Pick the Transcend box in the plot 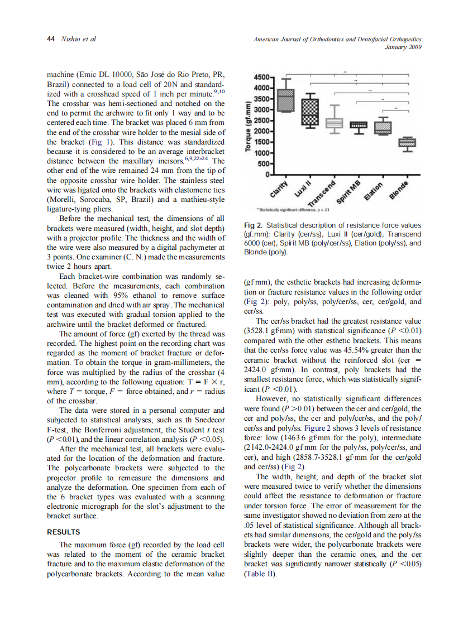tap(334, 123)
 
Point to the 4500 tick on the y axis tap(263, 76)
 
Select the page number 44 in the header tap(50, 39)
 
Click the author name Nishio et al tap(77, 39)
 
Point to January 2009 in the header tap(402, 47)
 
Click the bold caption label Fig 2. tap(254, 225)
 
